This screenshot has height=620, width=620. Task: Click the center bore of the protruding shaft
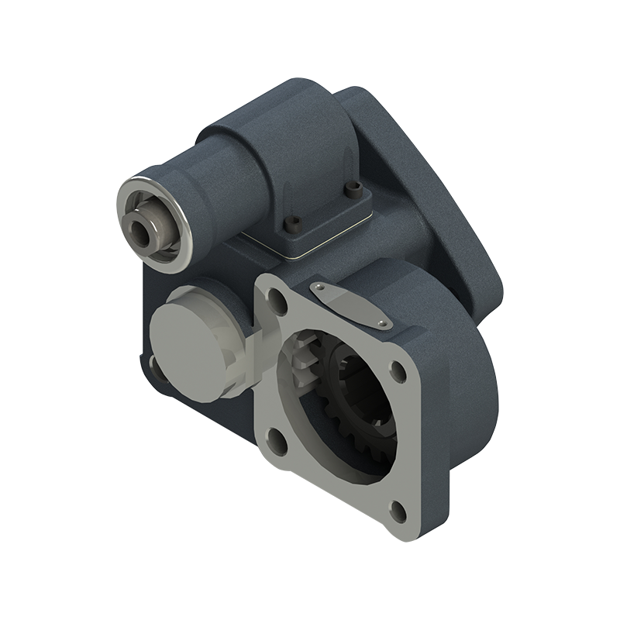[141, 229]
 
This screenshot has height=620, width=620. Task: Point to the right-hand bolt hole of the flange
[398, 370]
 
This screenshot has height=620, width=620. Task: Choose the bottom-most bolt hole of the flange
[396, 510]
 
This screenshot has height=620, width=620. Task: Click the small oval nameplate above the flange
[349, 305]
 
